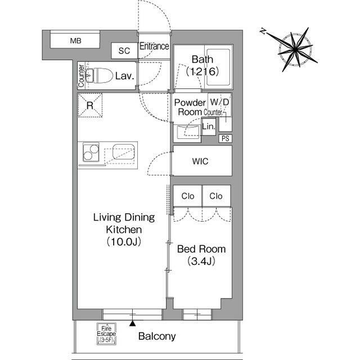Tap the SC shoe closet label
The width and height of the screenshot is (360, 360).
[124, 51]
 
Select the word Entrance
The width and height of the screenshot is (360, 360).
[154, 46]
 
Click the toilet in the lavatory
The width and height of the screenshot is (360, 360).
[99, 75]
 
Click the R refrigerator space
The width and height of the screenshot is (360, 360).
[90, 105]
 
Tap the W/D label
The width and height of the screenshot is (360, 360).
[219, 102]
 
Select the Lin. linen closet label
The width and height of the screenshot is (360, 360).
[209, 126]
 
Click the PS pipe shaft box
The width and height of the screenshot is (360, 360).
[225, 138]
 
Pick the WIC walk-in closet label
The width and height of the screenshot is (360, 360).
[200, 161]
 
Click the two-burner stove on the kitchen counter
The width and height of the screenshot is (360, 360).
[91, 152]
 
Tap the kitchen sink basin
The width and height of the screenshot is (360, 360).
[124, 151]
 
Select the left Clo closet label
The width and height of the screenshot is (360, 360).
[187, 196]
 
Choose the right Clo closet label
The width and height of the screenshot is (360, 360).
[216, 196]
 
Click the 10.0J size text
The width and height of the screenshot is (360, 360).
[124, 241]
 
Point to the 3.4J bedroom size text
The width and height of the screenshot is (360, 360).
[201, 261]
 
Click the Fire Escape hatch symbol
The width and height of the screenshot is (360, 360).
[106, 334]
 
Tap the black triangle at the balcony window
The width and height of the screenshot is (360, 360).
[132, 323]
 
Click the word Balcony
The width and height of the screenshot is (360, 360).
[157, 336]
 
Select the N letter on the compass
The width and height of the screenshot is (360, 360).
[263, 31]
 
